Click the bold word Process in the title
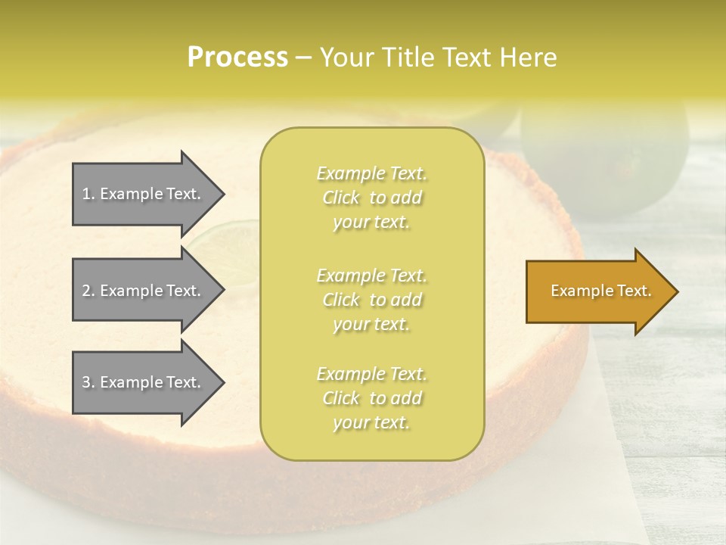click(237, 57)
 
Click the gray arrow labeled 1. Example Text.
click(144, 194)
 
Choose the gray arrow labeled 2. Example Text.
click(144, 291)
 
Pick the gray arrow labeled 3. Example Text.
click(144, 382)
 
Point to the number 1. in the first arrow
click(88, 194)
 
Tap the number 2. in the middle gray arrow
click(88, 291)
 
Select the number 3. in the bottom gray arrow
click(88, 382)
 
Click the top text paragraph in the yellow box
click(371, 198)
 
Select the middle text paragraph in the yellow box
click(371, 300)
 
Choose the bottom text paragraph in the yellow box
click(371, 398)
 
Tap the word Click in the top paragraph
click(341, 198)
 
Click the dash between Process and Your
click(303, 58)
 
